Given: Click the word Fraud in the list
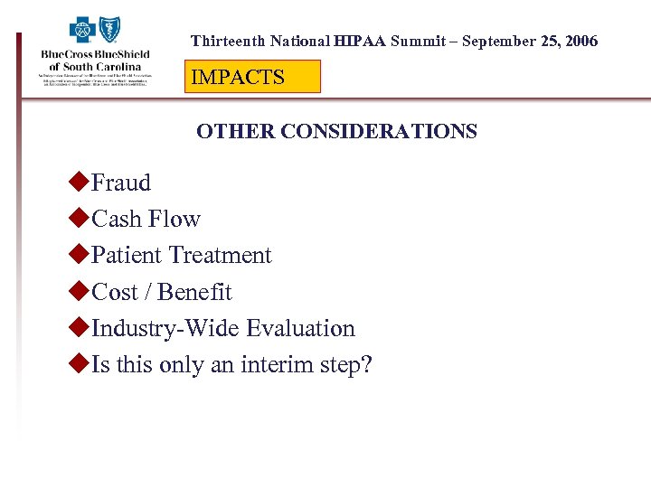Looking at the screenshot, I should coord(121,183).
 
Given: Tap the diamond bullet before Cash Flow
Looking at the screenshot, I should coord(79,218).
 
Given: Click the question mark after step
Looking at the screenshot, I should coord(366,365).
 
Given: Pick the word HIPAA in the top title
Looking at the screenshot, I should coord(360,42).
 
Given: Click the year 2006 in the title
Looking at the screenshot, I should coord(578,42).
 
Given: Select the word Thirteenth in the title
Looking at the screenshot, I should coord(227,42).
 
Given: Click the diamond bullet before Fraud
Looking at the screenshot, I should coord(79,182).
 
